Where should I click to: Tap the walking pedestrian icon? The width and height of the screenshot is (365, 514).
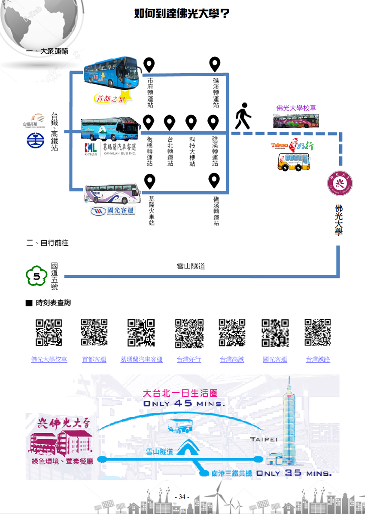pyautogui.click(x=243, y=116)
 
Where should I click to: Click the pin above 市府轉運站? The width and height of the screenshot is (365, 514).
pyautogui.click(x=149, y=65)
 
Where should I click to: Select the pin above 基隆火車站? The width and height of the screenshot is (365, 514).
pyautogui.click(x=149, y=181)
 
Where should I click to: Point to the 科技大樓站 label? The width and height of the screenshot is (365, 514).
pyautogui.click(x=192, y=152)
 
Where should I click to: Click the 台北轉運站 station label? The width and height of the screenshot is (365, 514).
pyautogui.click(x=170, y=152)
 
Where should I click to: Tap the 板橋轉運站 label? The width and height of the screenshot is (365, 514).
pyautogui.click(x=149, y=152)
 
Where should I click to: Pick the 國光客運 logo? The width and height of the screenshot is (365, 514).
pyautogui.click(x=113, y=211)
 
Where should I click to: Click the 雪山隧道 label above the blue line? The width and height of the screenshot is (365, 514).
pyautogui.click(x=191, y=266)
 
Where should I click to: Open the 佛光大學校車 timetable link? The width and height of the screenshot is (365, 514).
pyautogui.click(x=49, y=360)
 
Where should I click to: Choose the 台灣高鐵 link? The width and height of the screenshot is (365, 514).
pyautogui.click(x=232, y=360)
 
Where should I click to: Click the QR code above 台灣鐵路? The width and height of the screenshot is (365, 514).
pyautogui.click(x=318, y=332)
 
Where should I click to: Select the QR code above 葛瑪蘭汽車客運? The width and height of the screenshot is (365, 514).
pyautogui.click(x=141, y=332)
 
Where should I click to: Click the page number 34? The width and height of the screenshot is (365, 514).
pyautogui.click(x=182, y=497)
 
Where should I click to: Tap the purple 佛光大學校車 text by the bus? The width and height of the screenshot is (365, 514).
pyautogui.click(x=296, y=108)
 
